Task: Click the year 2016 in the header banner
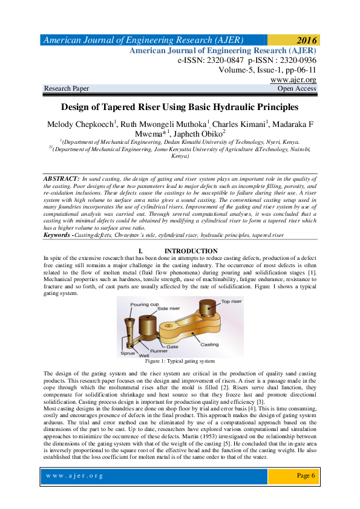click(x=306, y=41)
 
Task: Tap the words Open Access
click(x=296, y=88)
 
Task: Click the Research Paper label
click(x=67, y=88)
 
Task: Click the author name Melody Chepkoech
click(x=79, y=125)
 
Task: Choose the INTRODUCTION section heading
click(x=191, y=250)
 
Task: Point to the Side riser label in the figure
click(x=169, y=309)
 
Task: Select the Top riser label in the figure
click(x=232, y=301)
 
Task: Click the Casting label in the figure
click(x=209, y=344)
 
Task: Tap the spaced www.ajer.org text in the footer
click(x=75, y=476)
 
